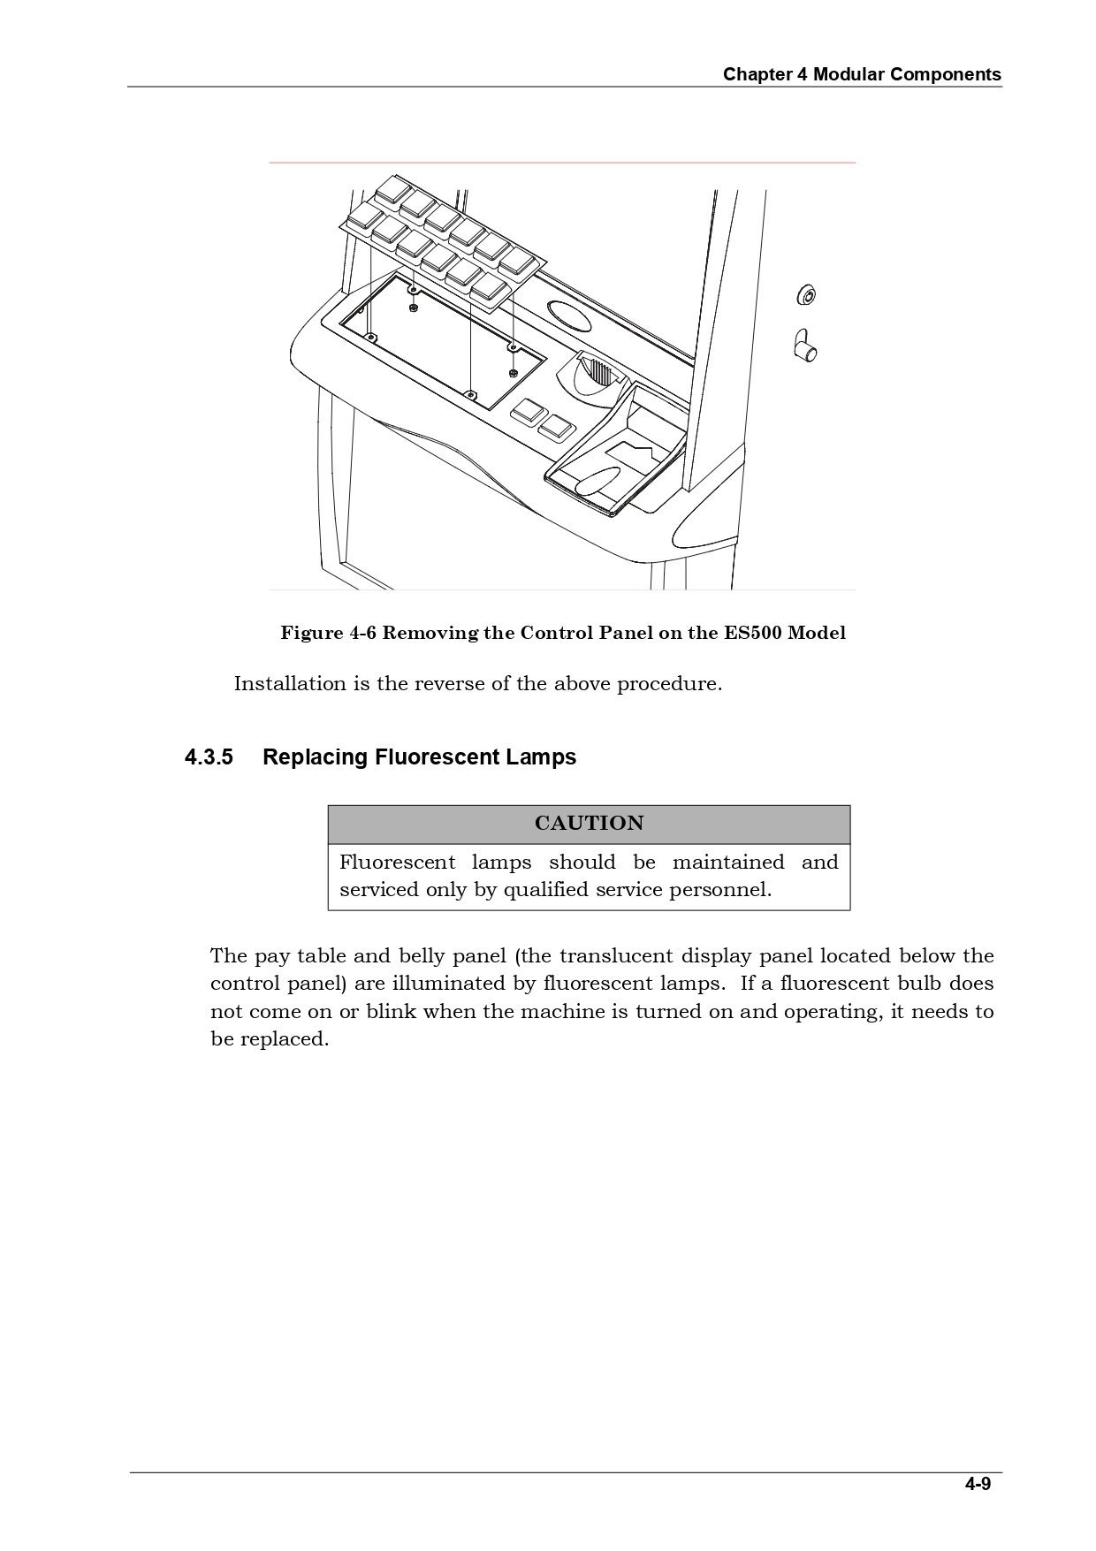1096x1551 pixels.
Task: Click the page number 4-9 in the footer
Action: (x=978, y=1485)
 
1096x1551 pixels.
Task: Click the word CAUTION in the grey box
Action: (x=589, y=824)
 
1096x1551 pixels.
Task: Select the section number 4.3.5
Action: (x=209, y=757)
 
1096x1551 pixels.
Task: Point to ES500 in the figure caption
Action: (x=753, y=633)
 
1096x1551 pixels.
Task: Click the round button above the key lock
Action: (x=806, y=295)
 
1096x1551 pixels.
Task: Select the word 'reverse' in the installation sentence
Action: (x=452, y=684)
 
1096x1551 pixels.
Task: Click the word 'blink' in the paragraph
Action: (x=391, y=1012)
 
